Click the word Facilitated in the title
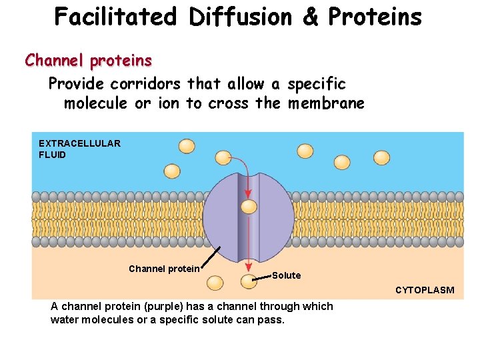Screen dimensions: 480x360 pos(115,17)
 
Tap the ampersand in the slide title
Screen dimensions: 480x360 pos(309,17)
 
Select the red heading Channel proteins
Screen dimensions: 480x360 pos(89,61)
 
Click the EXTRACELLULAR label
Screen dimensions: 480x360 pos(79,143)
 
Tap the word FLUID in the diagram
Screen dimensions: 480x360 pos(53,155)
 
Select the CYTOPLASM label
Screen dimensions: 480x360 pos(425,290)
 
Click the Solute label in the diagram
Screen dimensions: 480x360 pos(286,275)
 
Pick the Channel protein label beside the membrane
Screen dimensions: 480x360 pos(164,269)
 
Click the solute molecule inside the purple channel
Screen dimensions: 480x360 pos(249,207)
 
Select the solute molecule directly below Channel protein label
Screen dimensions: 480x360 pos(215,283)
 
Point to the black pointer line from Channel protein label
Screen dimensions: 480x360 pos(212,257)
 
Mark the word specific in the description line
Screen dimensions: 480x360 pos(316,84)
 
